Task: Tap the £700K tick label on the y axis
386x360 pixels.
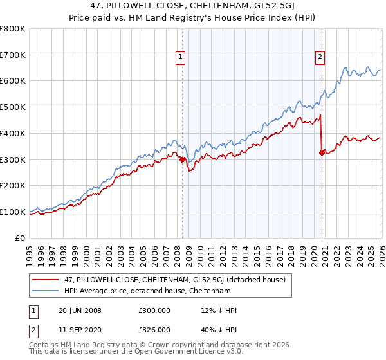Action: coord(12,55)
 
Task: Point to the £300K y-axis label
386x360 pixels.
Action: coord(12,159)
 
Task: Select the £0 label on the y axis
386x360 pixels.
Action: coord(21,238)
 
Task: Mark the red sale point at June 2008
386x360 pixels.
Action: coord(182,159)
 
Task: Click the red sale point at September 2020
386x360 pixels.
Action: coord(322,152)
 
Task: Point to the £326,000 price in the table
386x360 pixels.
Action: coord(154,329)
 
